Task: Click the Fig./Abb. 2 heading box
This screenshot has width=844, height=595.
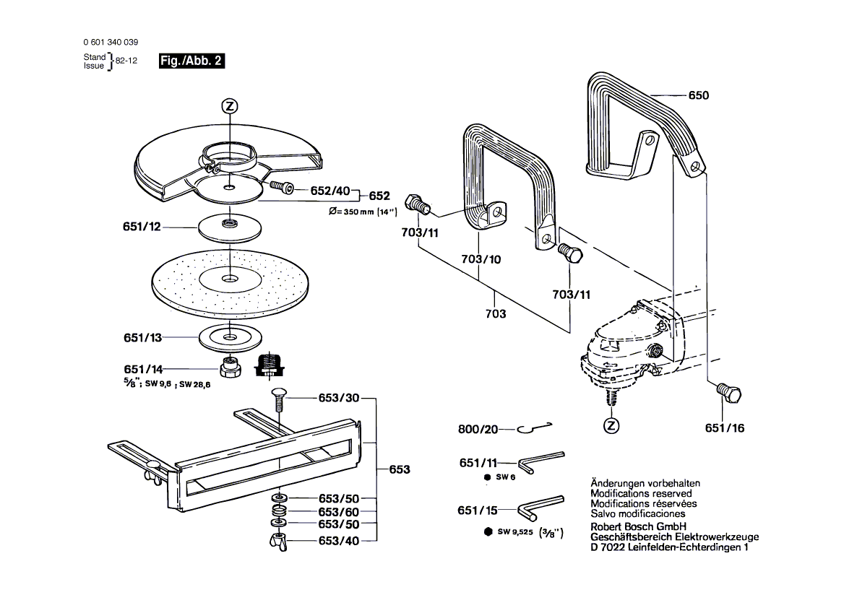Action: (x=191, y=61)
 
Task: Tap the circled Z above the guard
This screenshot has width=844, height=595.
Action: (x=229, y=106)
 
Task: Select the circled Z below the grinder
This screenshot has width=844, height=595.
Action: (x=612, y=425)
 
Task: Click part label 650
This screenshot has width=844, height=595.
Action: (x=699, y=95)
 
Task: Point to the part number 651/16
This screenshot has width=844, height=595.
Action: (x=724, y=428)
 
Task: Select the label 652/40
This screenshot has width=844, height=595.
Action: (x=330, y=191)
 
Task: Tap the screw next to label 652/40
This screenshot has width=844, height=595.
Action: (x=282, y=187)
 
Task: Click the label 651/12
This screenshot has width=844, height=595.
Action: (x=142, y=227)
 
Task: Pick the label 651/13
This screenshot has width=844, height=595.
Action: (x=142, y=337)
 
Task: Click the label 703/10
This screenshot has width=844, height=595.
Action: (x=481, y=259)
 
